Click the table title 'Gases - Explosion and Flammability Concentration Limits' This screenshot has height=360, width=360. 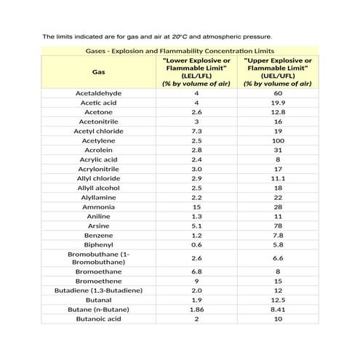coord(180,51)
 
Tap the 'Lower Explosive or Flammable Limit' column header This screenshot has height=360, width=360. coord(196,72)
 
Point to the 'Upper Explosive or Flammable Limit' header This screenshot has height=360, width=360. coord(278,72)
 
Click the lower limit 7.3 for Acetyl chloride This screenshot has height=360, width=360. coord(196,131)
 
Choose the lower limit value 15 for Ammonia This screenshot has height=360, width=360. coord(196,207)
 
